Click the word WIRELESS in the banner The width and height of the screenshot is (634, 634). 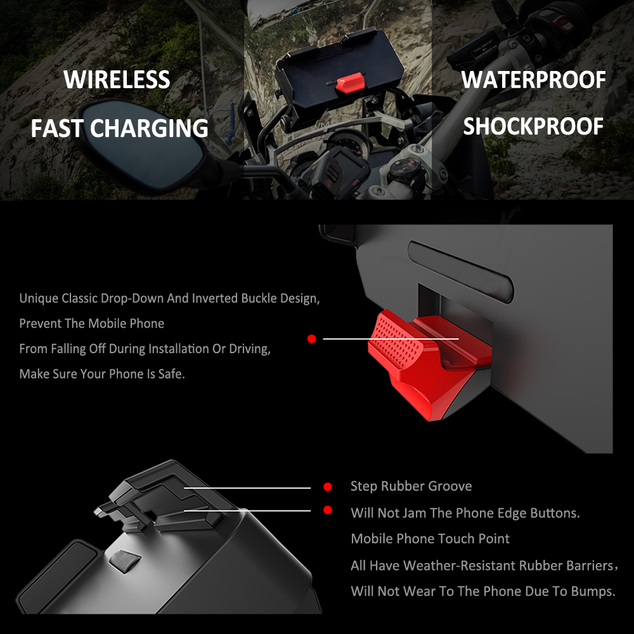[117, 80]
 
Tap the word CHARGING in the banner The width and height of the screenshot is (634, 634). [149, 128]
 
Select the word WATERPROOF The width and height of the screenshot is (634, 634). [533, 80]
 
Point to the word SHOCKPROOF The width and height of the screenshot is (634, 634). [533, 127]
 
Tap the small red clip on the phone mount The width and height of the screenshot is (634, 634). [350, 82]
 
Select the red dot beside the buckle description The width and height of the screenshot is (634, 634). [311, 339]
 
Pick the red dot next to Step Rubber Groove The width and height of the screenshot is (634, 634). [328, 487]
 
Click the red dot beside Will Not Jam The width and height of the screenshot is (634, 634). [328, 510]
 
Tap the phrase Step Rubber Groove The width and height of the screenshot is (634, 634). [411, 486]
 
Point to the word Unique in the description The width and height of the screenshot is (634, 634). [39, 298]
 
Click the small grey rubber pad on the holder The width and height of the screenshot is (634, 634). [124, 560]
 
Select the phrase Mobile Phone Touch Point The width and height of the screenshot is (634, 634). [430, 539]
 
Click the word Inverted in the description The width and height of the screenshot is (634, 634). [215, 298]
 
